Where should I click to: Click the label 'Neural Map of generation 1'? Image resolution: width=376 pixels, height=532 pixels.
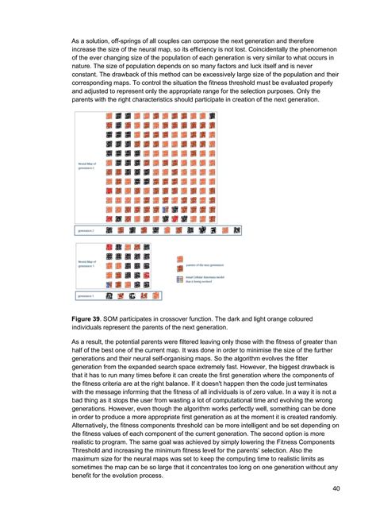[86, 262]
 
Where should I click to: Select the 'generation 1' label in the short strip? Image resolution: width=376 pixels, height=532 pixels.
[86, 295]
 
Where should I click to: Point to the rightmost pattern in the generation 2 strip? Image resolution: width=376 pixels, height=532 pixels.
[237, 230]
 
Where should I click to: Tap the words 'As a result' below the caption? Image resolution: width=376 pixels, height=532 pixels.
[90, 341]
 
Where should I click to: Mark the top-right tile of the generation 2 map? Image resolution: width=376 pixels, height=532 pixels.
[226, 116]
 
